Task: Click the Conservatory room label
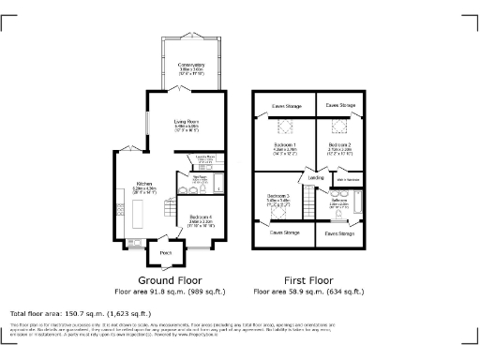(191, 65)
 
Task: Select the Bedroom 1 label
(284, 145)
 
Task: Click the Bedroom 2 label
(339, 145)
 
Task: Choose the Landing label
(317, 177)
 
